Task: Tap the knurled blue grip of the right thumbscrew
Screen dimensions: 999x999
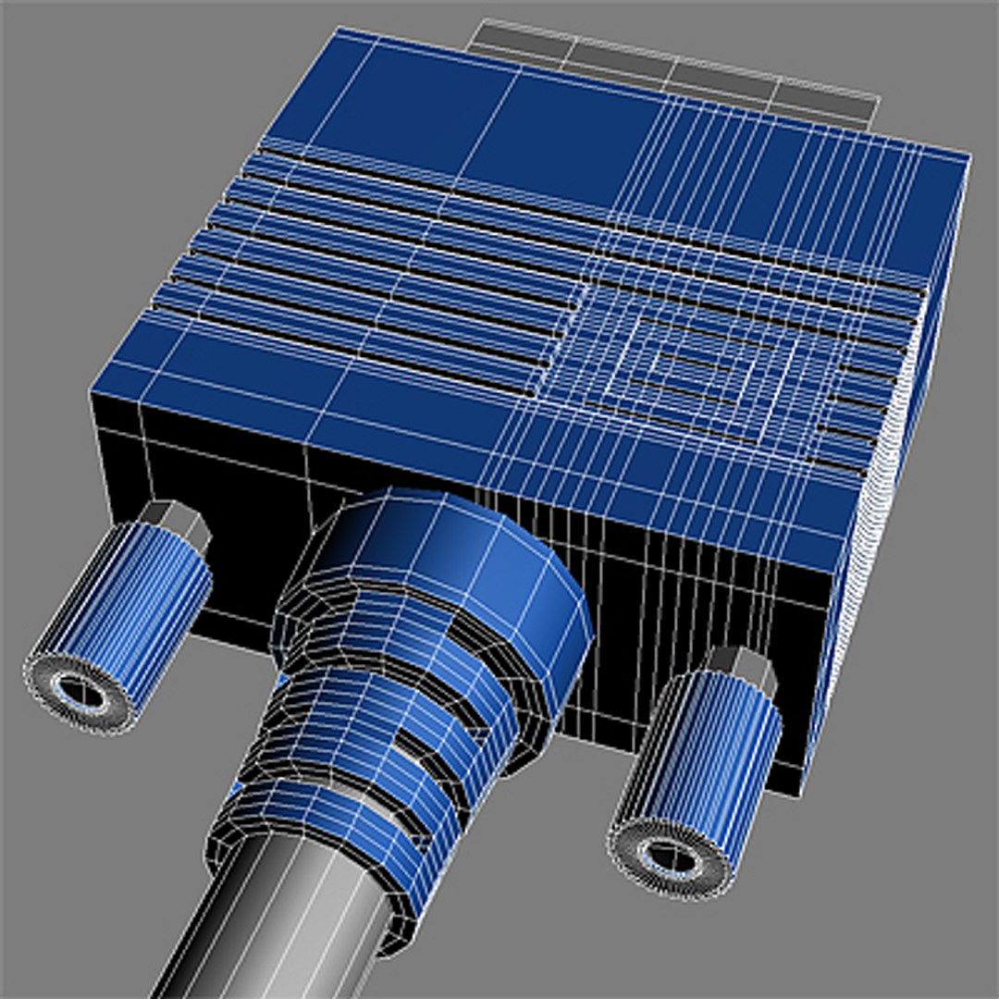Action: (x=717, y=758)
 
